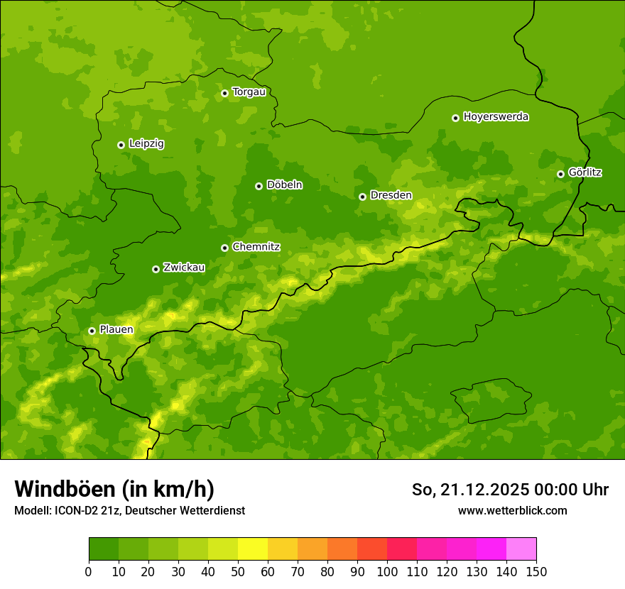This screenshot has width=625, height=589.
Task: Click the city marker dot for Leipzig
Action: tap(121, 145)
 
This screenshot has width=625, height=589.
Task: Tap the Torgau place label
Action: tap(249, 92)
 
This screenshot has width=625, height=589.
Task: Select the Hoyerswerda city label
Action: tap(496, 116)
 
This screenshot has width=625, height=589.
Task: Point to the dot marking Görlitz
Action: tap(560, 174)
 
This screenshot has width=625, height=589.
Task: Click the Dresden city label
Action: tap(391, 195)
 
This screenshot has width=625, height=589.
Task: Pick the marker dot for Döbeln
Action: tap(259, 186)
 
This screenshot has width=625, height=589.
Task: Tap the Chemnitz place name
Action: tap(256, 247)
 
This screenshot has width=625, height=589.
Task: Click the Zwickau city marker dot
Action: tap(156, 269)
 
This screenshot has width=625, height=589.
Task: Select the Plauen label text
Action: tap(116, 329)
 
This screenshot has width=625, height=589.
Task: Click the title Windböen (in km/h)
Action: tap(114, 489)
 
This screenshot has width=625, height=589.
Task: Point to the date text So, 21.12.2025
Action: tap(469, 490)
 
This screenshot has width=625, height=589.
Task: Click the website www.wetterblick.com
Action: tap(512, 510)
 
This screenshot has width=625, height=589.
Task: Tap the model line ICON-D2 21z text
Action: tap(129, 510)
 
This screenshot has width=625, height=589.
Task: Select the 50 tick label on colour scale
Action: tap(238, 571)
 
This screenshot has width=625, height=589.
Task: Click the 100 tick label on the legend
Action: tap(387, 571)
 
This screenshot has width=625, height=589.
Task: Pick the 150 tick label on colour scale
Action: tap(536, 571)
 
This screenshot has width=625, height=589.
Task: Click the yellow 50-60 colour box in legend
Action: tap(253, 549)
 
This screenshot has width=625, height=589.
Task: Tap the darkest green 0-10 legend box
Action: tap(104, 549)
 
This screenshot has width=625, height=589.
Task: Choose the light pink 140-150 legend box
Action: tap(521, 549)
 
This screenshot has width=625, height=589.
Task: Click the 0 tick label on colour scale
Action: tap(89, 571)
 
